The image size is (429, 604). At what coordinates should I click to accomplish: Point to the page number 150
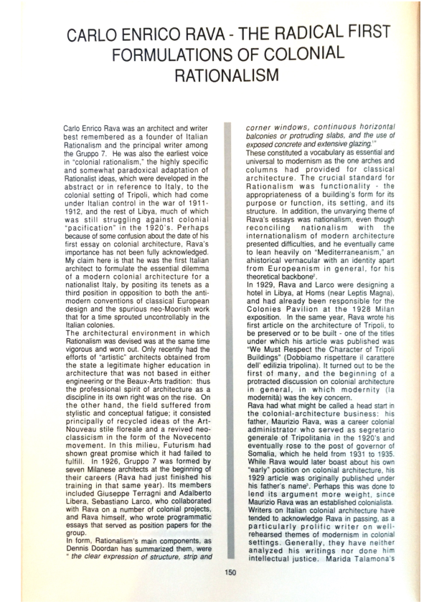pyautogui.click(x=230, y=571)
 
